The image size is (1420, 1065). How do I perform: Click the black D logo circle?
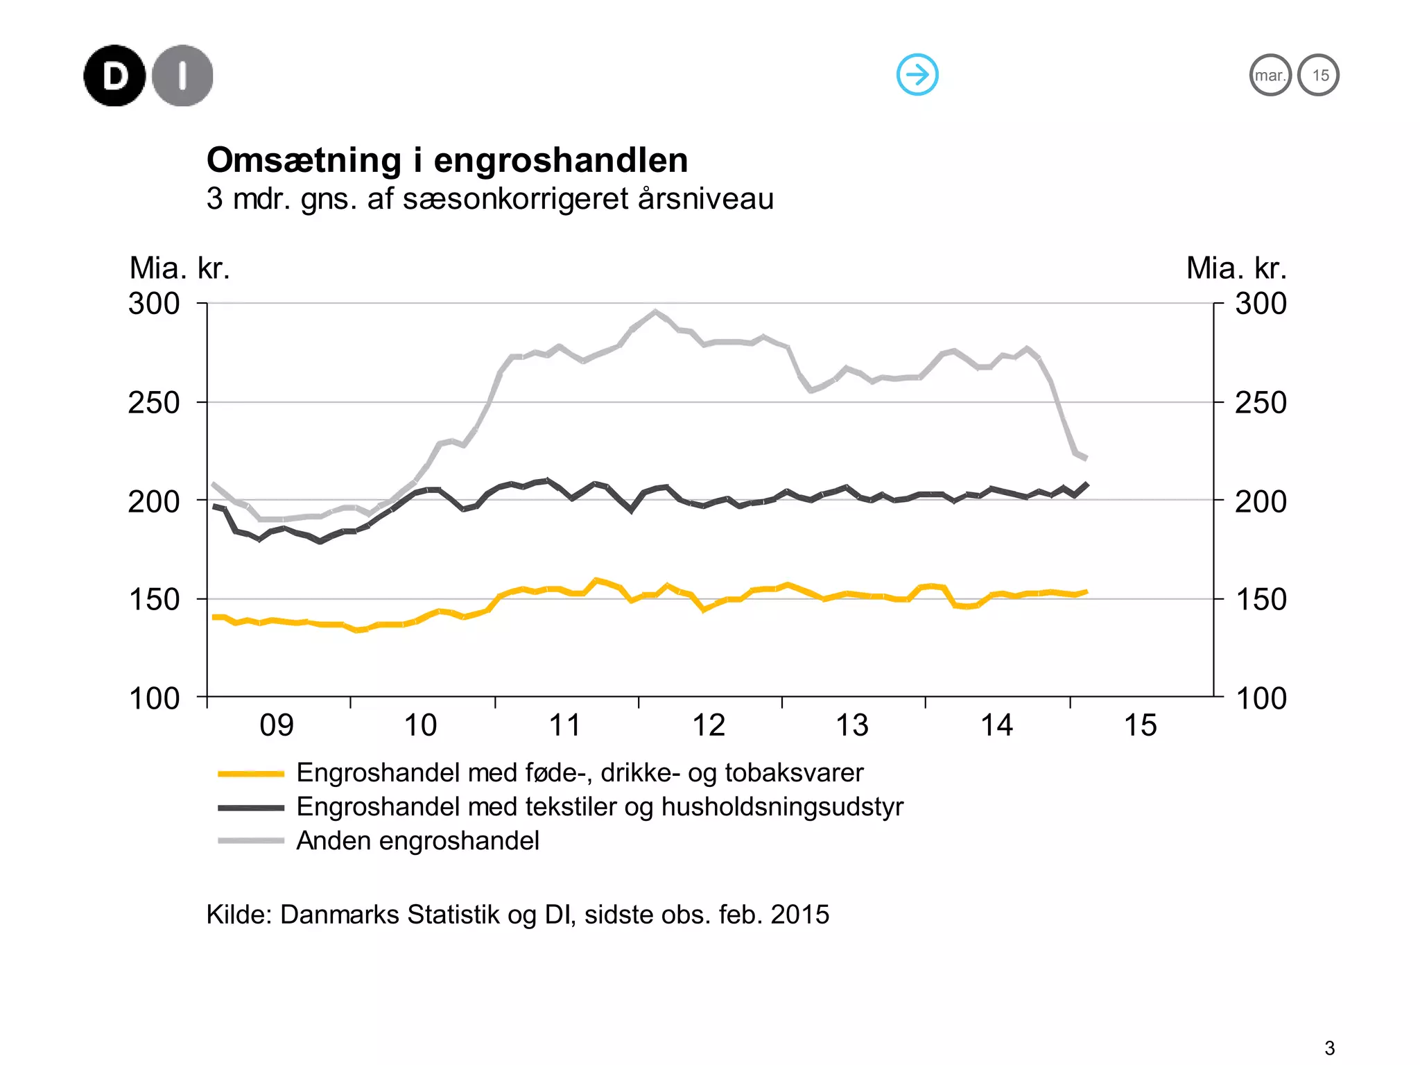coord(114,76)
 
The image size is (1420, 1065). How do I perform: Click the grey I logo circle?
coord(182,76)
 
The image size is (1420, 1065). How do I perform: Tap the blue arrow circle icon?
coord(917,74)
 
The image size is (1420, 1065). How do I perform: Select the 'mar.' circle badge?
coord(1270,75)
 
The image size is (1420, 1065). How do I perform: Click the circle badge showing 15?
coord(1318,75)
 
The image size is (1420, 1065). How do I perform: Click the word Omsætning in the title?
coord(304,160)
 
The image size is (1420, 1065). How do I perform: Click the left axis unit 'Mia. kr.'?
coord(180,268)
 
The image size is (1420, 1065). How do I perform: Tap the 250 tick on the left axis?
coord(154,403)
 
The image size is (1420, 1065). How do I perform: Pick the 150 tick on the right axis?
coord(1261,600)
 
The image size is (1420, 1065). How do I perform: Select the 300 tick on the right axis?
coord(1261,304)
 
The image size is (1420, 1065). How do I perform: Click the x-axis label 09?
coord(277,725)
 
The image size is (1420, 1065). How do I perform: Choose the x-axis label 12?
coord(709,725)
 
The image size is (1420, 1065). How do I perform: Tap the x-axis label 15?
coord(1140,725)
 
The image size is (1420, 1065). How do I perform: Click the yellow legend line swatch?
coord(251,773)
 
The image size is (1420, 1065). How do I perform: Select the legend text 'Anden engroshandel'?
coord(417,841)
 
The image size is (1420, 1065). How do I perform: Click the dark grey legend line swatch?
coord(251,807)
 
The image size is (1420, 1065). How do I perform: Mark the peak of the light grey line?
coord(655,312)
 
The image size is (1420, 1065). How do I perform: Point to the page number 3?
coord(1329,1048)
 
